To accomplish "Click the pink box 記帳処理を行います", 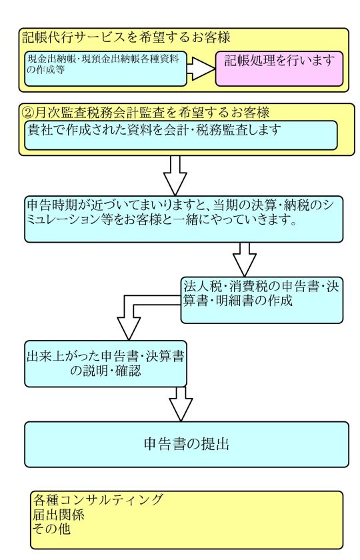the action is tap(279, 69).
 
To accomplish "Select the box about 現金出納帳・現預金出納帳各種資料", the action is tap(106, 69).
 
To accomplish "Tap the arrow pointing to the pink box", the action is tap(201, 69).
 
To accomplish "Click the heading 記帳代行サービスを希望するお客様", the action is tap(126, 37).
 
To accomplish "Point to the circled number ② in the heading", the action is tap(28, 113).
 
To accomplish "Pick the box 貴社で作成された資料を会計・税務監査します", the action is tap(181, 135).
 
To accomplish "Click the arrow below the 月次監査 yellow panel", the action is tap(175, 175).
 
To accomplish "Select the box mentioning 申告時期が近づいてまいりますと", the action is tap(183, 219).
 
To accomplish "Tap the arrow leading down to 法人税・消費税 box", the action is tap(245, 259).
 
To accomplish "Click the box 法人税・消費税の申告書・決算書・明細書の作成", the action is tap(262, 300).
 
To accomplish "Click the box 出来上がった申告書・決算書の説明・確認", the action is tap(106, 363).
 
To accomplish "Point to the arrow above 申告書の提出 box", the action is tap(181, 404).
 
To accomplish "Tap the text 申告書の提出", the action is tap(186, 444).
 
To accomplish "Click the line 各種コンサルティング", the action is tap(98, 499).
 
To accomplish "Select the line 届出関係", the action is tap(59, 514).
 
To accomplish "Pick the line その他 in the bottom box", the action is tap(52, 529).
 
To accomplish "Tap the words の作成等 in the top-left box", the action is tap(46, 70).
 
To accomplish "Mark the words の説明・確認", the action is tap(105, 371).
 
